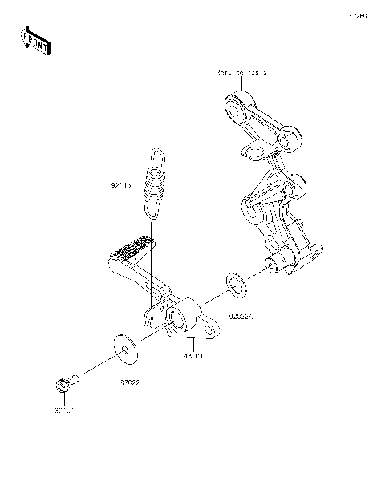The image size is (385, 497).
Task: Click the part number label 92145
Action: click(121, 184)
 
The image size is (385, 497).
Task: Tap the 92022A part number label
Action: click(240, 317)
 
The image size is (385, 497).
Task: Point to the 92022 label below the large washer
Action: click(132, 384)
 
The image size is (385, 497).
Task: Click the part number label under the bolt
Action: click(64, 410)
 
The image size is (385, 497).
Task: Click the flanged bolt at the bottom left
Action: click(66, 385)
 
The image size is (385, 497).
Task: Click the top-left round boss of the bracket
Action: click(233, 103)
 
